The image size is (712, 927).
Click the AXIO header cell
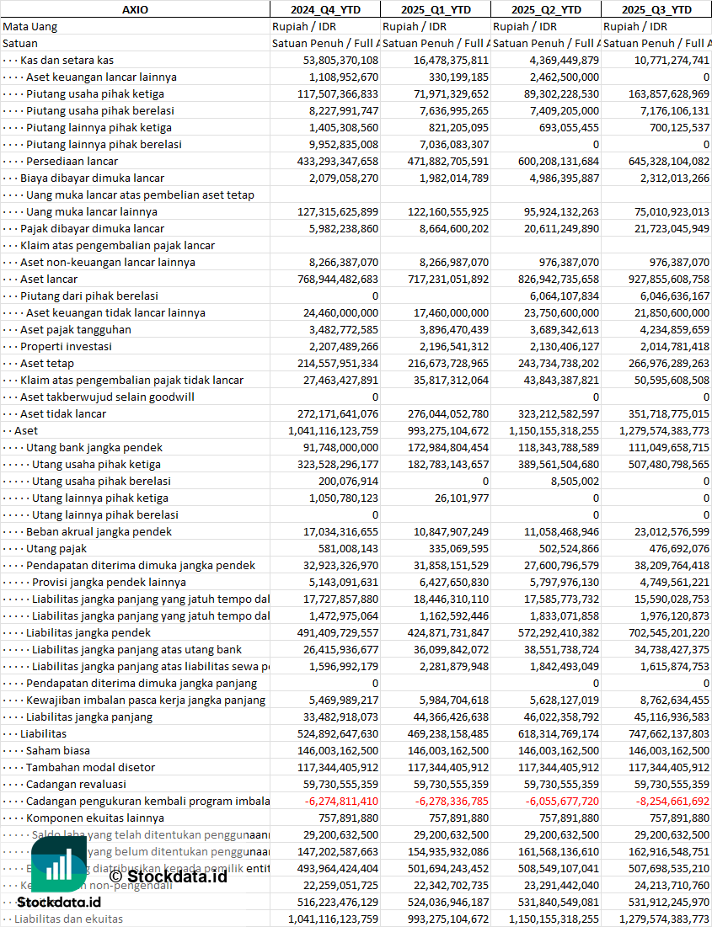tap(135, 9)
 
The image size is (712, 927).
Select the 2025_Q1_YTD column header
tap(435, 9)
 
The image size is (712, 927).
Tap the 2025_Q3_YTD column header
tap(656, 9)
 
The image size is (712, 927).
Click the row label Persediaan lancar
tap(72, 161)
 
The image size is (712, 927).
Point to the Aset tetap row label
tap(47, 363)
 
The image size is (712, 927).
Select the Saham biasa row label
tap(58, 750)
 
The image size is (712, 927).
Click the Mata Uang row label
tap(30, 26)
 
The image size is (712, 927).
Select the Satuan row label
tap(20, 43)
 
